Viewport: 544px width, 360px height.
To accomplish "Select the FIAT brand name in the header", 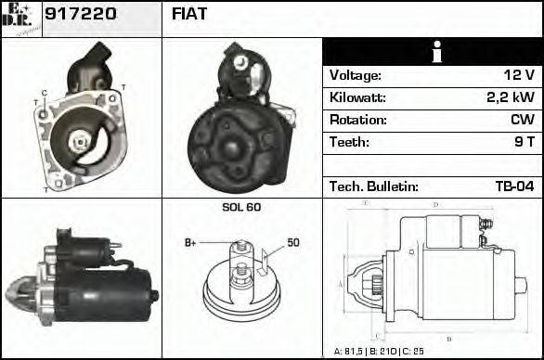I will [x=189, y=15].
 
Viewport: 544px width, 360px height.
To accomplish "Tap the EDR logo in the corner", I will [x=20, y=19].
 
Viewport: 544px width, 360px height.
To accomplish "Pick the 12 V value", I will [x=520, y=75].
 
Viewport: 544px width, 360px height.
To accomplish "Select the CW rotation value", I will [x=521, y=120].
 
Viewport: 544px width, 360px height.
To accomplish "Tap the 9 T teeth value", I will [x=523, y=142].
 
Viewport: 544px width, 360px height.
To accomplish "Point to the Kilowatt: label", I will [x=357, y=97].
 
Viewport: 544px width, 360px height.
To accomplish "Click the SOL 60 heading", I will [x=241, y=207].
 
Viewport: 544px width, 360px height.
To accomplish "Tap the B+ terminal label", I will [x=190, y=243].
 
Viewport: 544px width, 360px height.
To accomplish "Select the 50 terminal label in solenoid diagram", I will [x=293, y=243].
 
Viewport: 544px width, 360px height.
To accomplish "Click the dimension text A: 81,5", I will [x=350, y=352].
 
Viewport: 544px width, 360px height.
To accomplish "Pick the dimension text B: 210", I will [x=382, y=352].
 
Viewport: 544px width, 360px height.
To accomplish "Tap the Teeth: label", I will [x=349, y=142].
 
